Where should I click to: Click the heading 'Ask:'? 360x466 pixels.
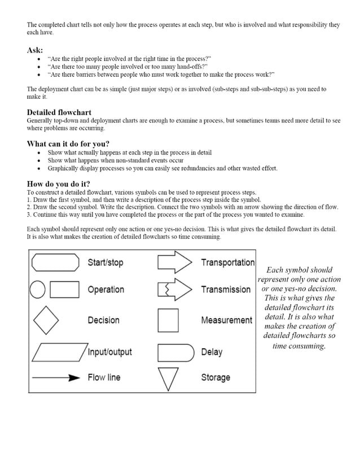(35, 50)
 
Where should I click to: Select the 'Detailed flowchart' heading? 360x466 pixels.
(59, 112)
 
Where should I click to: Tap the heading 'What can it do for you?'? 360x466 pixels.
(68, 143)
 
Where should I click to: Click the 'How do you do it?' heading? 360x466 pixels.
(58, 184)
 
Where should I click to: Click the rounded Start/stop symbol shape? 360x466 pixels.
(55, 262)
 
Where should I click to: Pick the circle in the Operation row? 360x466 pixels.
(37, 289)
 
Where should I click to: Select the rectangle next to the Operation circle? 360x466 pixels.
(64, 289)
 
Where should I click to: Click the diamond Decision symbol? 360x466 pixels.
(46, 320)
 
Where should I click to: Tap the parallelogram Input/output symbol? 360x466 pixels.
(59, 352)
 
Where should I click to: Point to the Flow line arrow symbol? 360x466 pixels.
(56, 378)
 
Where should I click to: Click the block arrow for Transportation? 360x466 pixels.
(175, 262)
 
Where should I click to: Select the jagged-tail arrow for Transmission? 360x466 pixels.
(175, 289)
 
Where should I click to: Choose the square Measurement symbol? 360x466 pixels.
(168, 320)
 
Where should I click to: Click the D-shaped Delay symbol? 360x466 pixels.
(175, 353)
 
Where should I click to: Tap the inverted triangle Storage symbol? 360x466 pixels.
(168, 379)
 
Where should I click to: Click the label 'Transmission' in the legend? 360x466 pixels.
(226, 289)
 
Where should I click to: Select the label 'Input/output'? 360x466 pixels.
(109, 352)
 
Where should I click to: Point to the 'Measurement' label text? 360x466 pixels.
(226, 320)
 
